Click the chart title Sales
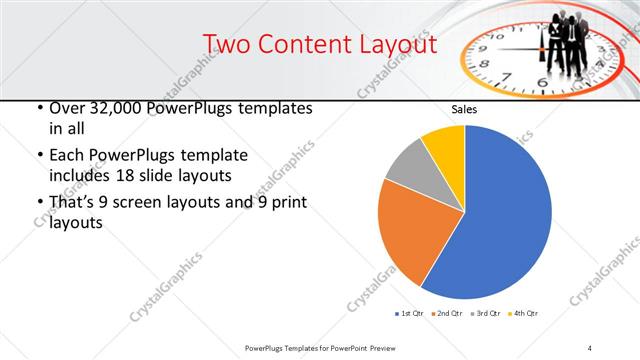coord(464,109)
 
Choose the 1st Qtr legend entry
coord(409,314)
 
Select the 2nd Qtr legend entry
coord(446,314)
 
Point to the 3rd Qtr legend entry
coord(484,314)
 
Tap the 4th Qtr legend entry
coord(522,314)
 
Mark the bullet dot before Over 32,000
coord(39,109)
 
